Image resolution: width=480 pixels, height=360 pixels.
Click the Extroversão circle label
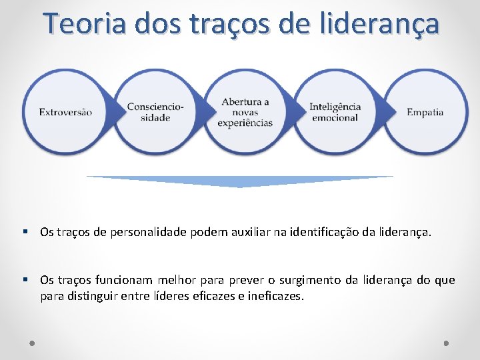click(x=65, y=112)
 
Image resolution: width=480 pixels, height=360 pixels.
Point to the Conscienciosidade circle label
click(x=156, y=112)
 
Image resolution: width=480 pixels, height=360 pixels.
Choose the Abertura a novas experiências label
click(x=245, y=112)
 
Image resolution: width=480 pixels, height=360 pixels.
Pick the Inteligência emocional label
click(x=335, y=112)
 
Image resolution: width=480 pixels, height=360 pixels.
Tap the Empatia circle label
click(x=425, y=112)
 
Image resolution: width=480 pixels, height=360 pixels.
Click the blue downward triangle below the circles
click(x=240, y=181)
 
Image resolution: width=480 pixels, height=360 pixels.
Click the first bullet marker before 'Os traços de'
click(x=25, y=232)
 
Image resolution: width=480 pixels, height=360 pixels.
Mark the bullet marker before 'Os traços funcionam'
click(x=25, y=279)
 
